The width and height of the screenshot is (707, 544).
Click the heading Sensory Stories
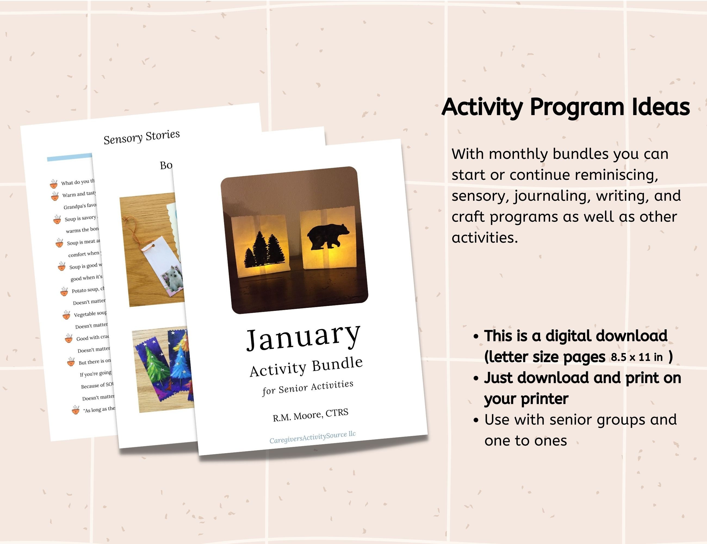coord(141,137)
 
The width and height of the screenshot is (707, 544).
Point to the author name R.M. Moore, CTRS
coord(311,415)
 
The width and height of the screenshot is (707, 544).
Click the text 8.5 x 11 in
coord(636,357)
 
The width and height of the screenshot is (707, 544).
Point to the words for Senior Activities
coord(308,388)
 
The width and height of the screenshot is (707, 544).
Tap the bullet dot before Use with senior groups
coord(476,420)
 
